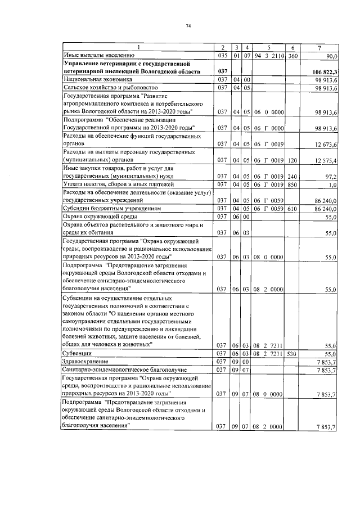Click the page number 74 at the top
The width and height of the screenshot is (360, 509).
pyautogui.click(x=188, y=26)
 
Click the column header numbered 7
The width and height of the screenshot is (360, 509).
pyautogui.click(x=319, y=48)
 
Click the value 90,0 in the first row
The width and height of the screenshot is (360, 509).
pyautogui.click(x=330, y=56)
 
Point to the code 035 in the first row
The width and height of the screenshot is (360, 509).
pyautogui.click(x=222, y=56)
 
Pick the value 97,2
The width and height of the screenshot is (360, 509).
pyautogui.click(x=330, y=176)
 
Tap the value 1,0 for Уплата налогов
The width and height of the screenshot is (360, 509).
pyautogui.click(x=332, y=184)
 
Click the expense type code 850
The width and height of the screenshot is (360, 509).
pyautogui.click(x=292, y=184)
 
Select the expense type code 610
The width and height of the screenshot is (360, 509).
pyautogui.click(x=292, y=208)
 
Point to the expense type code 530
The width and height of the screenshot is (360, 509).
pyautogui.click(x=292, y=353)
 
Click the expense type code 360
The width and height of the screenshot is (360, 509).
pyautogui.click(x=292, y=56)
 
